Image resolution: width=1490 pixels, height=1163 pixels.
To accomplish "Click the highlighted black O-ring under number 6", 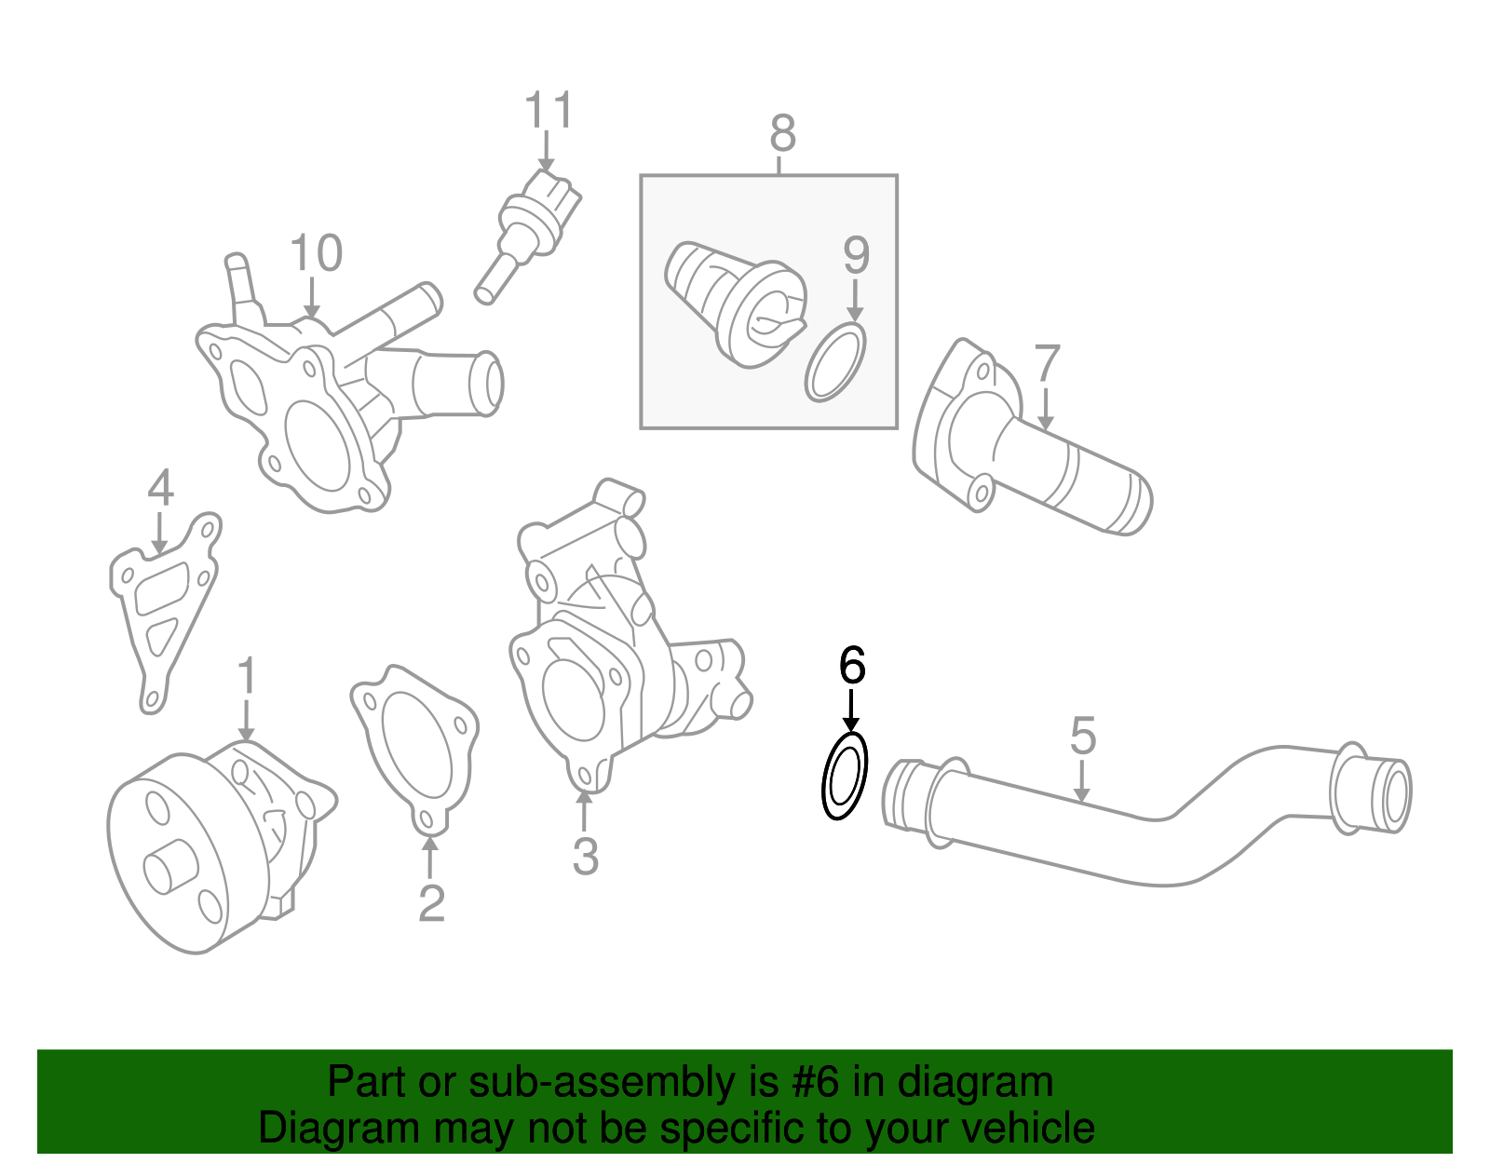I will [845, 776].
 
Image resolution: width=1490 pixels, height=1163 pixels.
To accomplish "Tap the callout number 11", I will [549, 111].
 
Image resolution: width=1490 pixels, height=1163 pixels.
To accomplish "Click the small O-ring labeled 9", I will [835, 363].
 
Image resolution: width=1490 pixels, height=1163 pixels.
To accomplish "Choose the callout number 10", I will [316, 253].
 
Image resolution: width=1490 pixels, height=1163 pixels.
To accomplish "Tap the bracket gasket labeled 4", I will [162, 605].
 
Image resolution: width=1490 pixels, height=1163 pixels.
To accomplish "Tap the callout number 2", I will [431, 902].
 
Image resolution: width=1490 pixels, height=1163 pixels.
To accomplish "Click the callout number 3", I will [585, 857].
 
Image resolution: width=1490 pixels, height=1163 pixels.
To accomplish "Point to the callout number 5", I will [1082, 736].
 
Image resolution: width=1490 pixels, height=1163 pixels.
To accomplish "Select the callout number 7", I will [1047, 363].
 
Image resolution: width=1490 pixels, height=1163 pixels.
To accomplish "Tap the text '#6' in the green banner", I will [816, 1082].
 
